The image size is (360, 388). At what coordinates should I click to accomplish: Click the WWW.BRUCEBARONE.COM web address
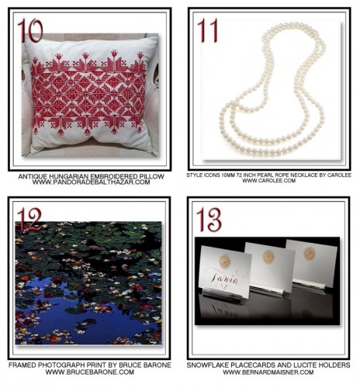[90, 372]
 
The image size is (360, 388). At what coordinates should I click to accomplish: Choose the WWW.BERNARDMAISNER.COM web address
[268, 372]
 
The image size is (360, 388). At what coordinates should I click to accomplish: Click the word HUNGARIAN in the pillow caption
[75, 177]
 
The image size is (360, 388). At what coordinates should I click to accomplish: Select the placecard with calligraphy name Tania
[224, 277]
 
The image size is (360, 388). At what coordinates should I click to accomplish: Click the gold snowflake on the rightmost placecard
[309, 253]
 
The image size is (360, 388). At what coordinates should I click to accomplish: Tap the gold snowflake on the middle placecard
[268, 256]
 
